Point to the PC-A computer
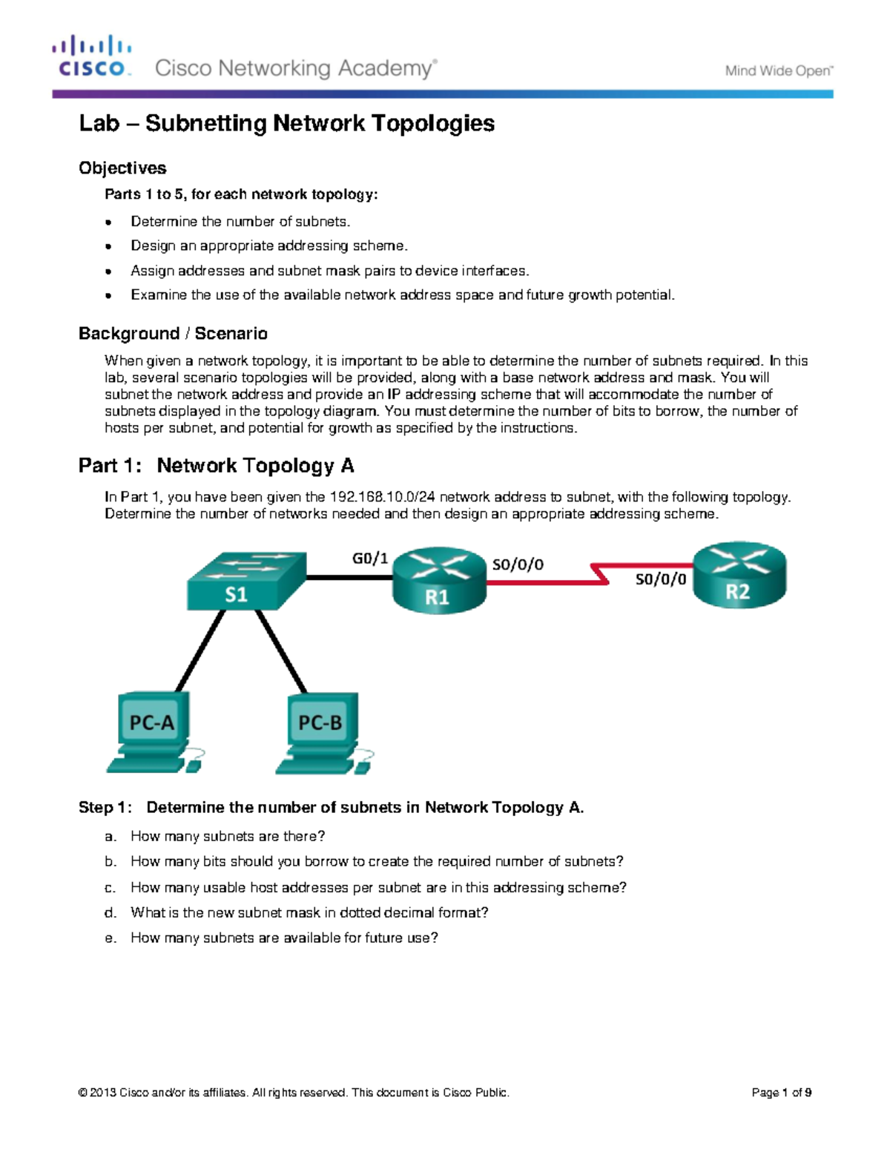152,731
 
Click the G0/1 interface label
369,559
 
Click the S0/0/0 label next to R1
518,565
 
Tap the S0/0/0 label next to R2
660,579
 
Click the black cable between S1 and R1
349,577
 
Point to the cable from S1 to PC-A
200,651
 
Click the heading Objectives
122,168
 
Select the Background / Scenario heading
173,334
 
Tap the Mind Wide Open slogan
779,71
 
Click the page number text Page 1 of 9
781,1093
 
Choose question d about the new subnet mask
309,912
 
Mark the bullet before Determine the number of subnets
109,222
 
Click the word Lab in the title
99,123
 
